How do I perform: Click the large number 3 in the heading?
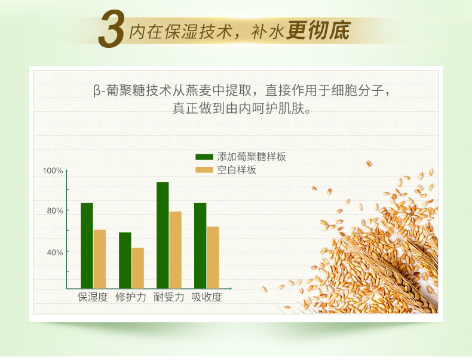111,29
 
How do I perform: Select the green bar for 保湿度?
87,246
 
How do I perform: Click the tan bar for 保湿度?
100,259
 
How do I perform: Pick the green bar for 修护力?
125,260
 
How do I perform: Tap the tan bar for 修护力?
137,268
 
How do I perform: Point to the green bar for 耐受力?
163,235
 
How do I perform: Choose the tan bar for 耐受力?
175,250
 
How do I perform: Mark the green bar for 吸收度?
200,246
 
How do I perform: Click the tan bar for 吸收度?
213,258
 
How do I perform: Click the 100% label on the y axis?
53,171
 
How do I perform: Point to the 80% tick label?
55,210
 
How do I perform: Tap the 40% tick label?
55,252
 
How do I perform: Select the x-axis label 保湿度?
93,297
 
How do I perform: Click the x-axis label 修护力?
131,297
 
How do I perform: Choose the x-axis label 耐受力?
168,297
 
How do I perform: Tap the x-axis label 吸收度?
207,297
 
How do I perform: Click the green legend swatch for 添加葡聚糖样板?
204,157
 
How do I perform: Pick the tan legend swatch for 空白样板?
204,170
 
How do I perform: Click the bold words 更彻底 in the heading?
318,30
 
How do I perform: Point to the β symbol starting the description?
97,91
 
